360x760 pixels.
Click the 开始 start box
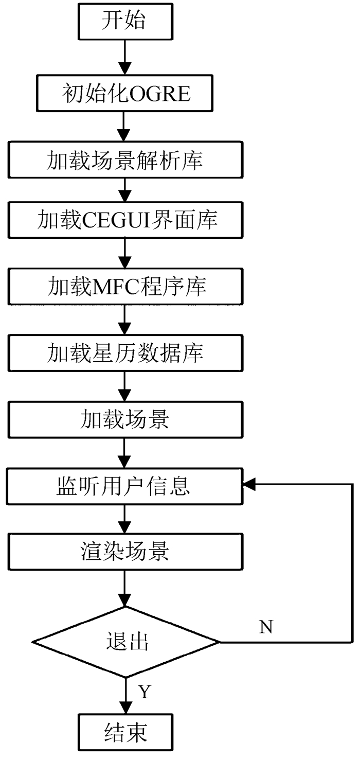pyautogui.click(x=125, y=22)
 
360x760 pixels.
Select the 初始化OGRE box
pyautogui.click(x=125, y=93)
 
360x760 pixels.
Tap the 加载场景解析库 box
pyautogui.click(x=125, y=160)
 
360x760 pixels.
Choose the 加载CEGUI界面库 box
pyautogui.click(x=125, y=220)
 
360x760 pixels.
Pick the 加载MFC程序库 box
pyautogui.click(x=125, y=287)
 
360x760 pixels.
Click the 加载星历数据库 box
pyautogui.click(x=125, y=353)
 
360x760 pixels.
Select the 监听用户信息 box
pyautogui.click(x=125, y=486)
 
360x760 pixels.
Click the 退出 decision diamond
pyautogui.click(x=126, y=642)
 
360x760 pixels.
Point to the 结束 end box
pyautogui.click(x=125, y=732)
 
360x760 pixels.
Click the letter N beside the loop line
pyautogui.click(x=266, y=627)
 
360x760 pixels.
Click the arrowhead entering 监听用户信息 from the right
pyautogui.click(x=248, y=485)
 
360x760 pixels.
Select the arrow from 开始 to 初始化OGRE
pyautogui.click(x=125, y=57)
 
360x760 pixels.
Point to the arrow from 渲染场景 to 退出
pyautogui.click(x=125, y=588)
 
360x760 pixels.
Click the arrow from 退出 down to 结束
pyautogui.click(x=125, y=696)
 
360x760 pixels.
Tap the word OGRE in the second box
pyautogui.click(x=160, y=94)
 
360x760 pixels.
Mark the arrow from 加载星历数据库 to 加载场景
pyautogui.click(x=125, y=386)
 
